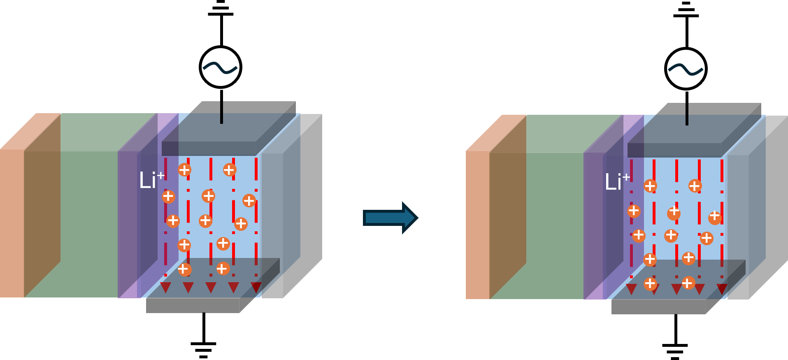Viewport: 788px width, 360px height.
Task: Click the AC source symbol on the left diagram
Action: point(221,67)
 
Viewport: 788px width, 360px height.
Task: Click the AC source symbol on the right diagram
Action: point(686,69)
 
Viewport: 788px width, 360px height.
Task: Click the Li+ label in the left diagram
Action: point(151,180)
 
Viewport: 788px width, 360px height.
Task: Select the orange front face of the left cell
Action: point(12,223)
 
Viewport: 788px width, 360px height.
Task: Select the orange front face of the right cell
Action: point(477,225)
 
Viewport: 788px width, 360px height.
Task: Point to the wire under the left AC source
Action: point(221,112)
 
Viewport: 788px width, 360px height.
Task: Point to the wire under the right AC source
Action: point(687,114)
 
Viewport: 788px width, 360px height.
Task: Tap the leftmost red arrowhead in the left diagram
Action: point(165,287)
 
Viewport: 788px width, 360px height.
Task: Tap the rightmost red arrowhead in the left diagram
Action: point(256,287)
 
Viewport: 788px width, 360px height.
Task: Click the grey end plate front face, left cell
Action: point(272,226)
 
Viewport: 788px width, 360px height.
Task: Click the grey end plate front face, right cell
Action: point(738,227)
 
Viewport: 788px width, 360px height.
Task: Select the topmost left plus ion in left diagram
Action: point(184,170)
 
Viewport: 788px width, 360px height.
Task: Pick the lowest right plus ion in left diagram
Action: point(223,269)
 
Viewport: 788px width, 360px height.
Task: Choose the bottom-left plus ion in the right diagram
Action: point(650,283)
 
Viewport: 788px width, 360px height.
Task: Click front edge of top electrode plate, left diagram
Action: point(209,149)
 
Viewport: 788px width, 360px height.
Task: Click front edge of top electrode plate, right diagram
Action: point(674,150)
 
